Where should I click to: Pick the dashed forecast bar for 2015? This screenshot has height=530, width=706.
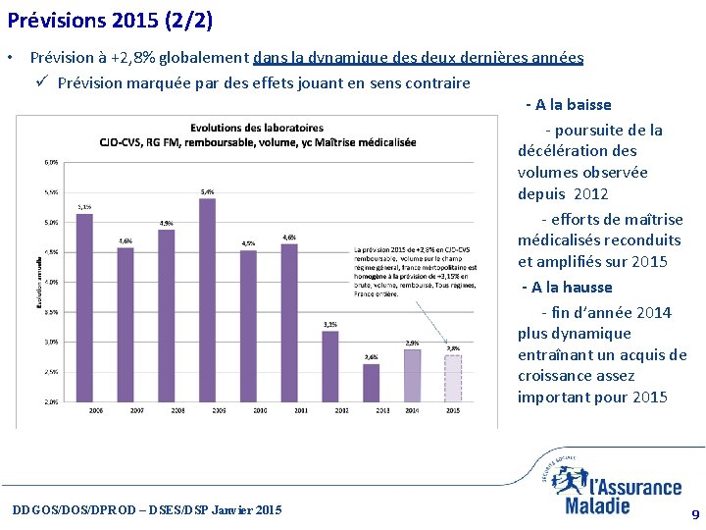(452, 378)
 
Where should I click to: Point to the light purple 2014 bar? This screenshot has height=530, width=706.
(412, 375)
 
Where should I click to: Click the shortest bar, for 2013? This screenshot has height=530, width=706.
(371, 383)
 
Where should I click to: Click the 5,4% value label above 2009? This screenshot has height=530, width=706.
(207, 191)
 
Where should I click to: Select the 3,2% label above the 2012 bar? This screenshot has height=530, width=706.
(330, 324)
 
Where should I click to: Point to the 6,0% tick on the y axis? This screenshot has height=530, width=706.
(51, 162)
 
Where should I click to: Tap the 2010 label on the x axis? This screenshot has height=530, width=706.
(259, 410)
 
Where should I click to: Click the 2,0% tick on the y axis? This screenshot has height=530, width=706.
(51, 401)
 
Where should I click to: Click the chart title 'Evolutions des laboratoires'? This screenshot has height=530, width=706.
(257, 128)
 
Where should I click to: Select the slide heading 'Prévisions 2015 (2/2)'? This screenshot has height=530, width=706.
(109, 19)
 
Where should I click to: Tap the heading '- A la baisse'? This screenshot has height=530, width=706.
(568, 105)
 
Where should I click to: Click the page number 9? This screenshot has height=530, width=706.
(695, 514)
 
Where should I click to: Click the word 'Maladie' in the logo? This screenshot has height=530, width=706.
(597, 505)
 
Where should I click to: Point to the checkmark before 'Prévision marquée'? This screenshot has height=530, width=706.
(43, 82)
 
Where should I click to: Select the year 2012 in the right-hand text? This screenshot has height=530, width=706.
(592, 194)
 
